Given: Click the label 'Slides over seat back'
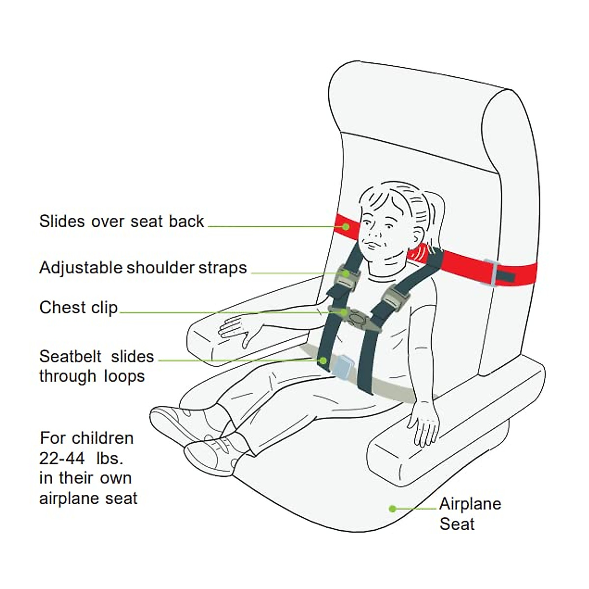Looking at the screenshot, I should [x=121, y=221].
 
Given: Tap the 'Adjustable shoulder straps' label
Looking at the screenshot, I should [x=143, y=268].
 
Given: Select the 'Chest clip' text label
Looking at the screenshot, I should [x=79, y=308].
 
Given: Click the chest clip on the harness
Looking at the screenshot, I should [x=357, y=318].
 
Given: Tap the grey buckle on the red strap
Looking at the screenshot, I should [x=491, y=273].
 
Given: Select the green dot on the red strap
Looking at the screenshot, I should [x=346, y=226].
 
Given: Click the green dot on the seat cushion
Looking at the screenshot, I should [x=392, y=509].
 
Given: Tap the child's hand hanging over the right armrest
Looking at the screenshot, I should [x=425, y=423].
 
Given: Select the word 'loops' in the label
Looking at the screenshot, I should [x=124, y=376].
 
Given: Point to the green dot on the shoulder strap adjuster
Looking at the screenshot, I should [x=346, y=273].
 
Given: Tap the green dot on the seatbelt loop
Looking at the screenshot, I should [x=323, y=360].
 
